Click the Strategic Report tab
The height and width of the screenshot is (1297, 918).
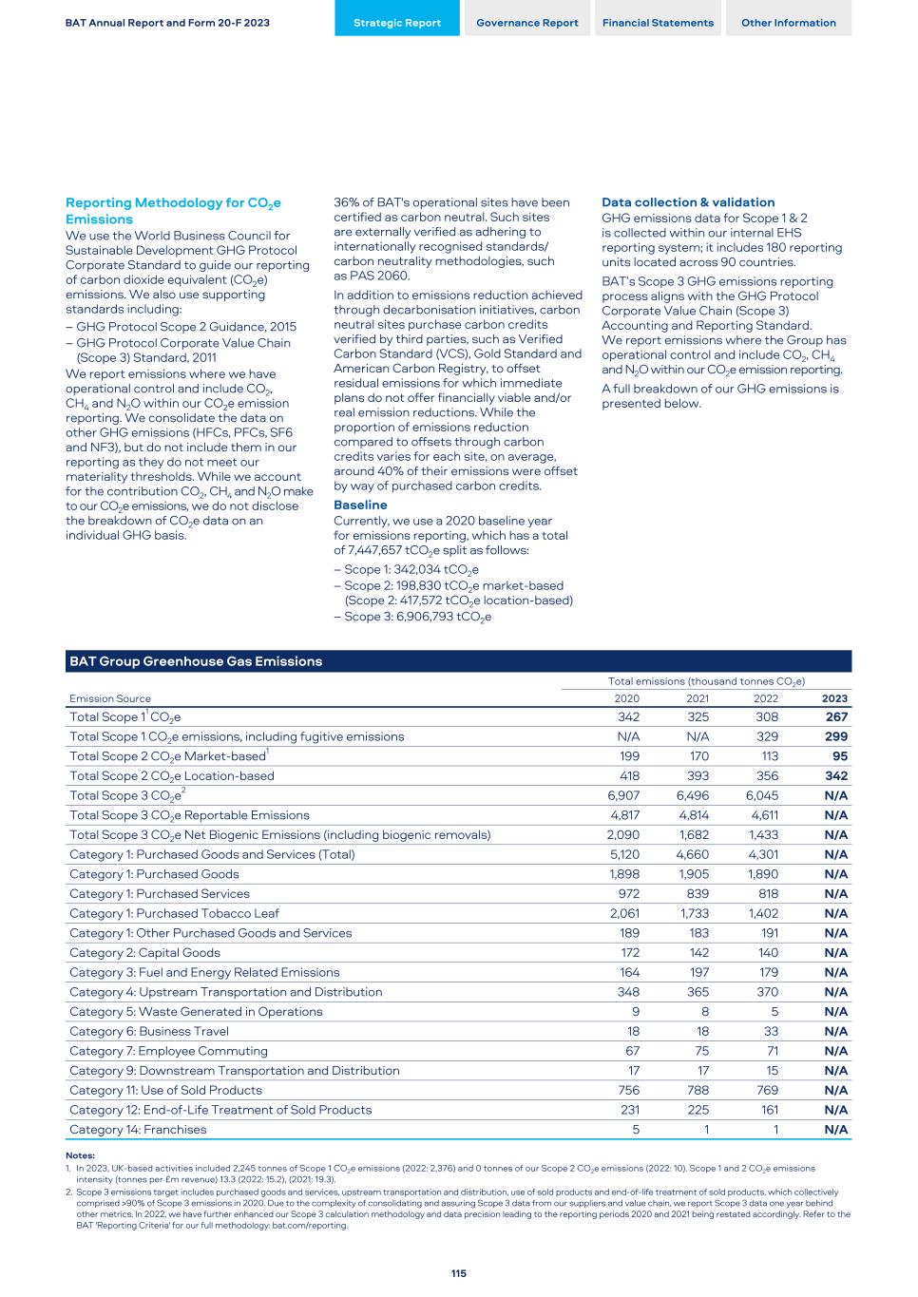pos(396,23)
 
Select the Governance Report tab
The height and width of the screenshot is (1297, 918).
pos(526,23)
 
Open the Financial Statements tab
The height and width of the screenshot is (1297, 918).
pos(658,23)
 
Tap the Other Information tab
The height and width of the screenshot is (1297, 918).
pos(788,23)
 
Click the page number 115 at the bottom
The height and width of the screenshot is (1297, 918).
pos(459,1273)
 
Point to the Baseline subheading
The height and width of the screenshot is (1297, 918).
pos(360,505)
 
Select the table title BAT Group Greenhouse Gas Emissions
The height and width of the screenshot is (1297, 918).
pos(196,661)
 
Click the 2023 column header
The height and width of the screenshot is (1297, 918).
pos(834,698)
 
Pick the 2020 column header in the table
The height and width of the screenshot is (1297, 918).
pos(626,698)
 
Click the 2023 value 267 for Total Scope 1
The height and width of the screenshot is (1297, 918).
pos(836,717)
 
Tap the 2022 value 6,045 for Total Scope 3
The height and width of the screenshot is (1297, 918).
pos(761,795)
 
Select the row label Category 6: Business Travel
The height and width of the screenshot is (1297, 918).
pos(149,1031)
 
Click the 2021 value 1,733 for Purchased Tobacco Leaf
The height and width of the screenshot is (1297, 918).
pos(693,913)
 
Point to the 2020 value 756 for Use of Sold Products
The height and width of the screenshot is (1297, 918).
pos(628,1090)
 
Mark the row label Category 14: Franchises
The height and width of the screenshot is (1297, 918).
pos(138,1130)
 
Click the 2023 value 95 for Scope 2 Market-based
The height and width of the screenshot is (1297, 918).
pos(839,756)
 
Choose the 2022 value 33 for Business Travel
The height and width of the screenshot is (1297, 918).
pos(770,1031)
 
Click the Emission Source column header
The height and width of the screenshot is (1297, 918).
pos(110,698)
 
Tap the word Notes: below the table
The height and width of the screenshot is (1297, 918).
pos(80,1155)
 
